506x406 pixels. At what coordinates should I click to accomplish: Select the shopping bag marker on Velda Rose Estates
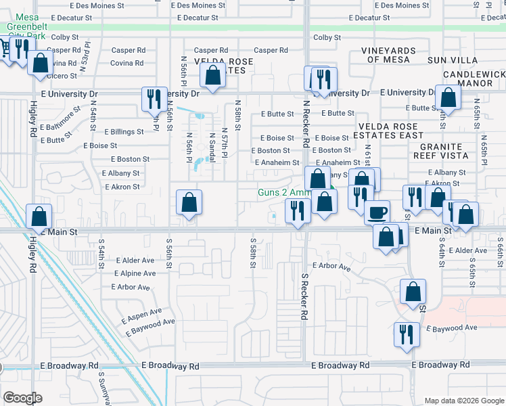tap(213, 76)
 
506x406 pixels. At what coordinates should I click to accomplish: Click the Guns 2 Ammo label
tap(283, 192)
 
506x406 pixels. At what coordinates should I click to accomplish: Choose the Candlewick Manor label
tap(474, 78)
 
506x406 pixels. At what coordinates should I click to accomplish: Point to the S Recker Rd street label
tap(304, 297)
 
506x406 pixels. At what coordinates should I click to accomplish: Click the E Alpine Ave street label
tap(135, 273)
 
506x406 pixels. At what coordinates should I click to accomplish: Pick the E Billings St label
tap(122, 132)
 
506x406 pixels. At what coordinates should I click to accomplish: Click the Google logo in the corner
tap(22, 397)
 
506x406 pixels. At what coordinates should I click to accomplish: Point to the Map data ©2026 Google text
tap(463, 401)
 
